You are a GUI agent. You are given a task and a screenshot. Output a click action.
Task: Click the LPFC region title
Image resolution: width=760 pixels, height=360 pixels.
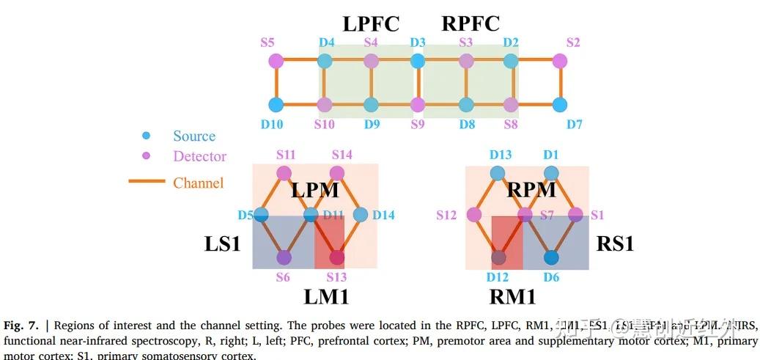tap(371, 23)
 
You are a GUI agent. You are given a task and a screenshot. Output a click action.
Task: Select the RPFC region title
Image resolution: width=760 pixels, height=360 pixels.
tap(470, 23)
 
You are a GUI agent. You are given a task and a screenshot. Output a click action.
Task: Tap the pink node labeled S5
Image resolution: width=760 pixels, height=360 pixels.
tap(276, 61)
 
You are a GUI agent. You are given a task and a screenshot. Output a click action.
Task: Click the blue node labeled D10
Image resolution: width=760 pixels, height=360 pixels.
tap(276, 104)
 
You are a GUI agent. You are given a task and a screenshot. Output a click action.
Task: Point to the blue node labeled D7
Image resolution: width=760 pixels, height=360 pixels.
tap(560, 104)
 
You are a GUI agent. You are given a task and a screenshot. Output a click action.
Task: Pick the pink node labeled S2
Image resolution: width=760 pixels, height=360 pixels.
tap(560, 61)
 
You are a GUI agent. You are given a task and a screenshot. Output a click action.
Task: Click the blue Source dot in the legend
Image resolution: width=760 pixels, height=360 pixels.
tap(147, 136)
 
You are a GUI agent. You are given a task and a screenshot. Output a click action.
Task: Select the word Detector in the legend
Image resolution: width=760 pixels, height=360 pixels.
tap(199, 156)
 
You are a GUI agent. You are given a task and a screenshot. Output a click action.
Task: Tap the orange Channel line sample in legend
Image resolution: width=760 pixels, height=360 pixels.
tap(147, 181)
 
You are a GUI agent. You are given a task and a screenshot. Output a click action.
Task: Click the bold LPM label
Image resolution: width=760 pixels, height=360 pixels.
tap(314, 191)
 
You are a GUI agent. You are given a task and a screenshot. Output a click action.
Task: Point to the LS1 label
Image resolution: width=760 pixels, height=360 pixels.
tap(222, 244)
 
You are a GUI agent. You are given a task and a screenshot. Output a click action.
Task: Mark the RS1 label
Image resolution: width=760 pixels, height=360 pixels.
tap(615, 243)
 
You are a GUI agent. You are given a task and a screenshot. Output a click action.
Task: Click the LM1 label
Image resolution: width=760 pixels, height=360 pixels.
tap(325, 296)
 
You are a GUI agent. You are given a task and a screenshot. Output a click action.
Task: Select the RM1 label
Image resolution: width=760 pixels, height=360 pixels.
tap(512, 296)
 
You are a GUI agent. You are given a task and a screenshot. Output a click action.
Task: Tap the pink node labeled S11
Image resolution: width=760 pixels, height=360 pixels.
tap(284, 173)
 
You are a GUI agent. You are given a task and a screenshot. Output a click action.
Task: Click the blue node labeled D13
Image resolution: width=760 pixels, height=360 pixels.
tap(498, 173)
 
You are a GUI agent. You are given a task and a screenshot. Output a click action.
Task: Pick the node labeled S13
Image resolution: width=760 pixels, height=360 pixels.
tap(337, 257)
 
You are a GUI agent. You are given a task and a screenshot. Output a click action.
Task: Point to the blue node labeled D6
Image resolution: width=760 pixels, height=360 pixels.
tap(552, 257)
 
